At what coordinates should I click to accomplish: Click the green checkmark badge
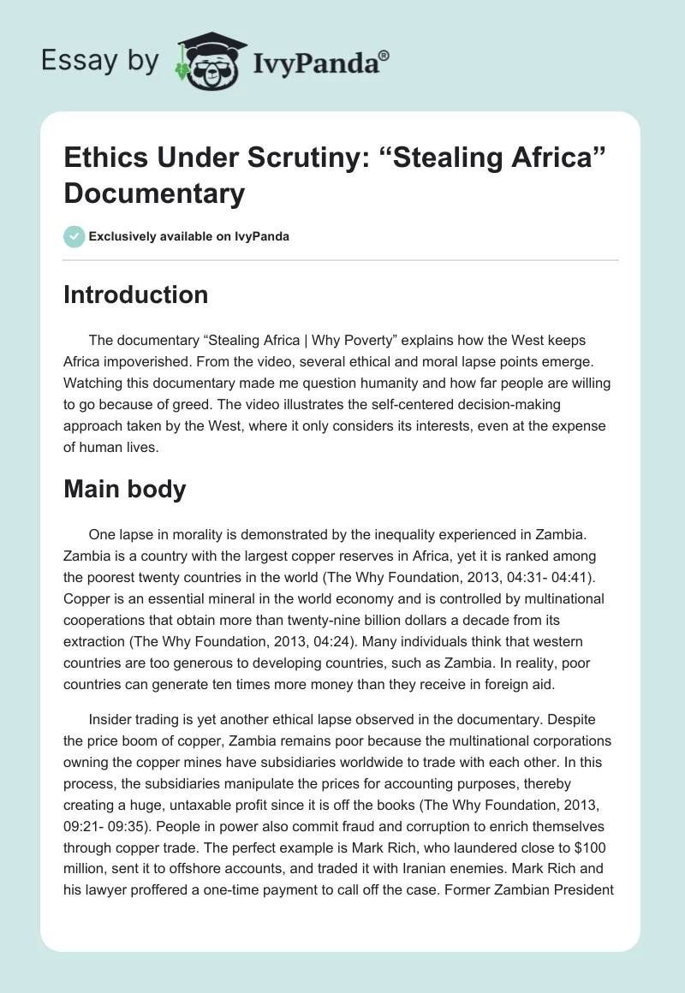(74, 236)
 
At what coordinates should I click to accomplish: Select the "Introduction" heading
(135, 294)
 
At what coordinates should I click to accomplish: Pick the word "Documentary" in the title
(154, 193)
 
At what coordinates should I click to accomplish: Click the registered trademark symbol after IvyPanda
(384, 55)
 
